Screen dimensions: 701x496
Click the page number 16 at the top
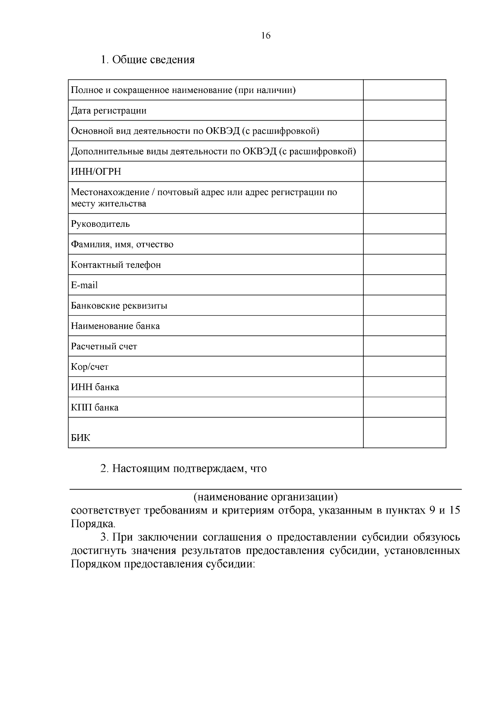pyautogui.click(x=266, y=36)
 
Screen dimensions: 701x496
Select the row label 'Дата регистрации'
pyautogui.click(x=109, y=111)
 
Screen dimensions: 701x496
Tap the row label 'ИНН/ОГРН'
pyautogui.click(x=96, y=172)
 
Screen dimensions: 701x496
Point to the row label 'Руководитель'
pyautogui.click(x=100, y=224)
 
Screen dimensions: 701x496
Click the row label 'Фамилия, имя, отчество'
pyautogui.click(x=122, y=245)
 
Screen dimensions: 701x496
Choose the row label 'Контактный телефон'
pyautogui.click(x=116, y=265)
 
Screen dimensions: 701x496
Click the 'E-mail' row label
pyautogui.click(x=84, y=285)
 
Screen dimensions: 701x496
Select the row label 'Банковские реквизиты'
pyautogui.click(x=119, y=306)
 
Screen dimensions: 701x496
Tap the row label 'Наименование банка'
pyautogui.click(x=115, y=326)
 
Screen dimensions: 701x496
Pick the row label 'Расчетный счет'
pyautogui.click(x=104, y=347)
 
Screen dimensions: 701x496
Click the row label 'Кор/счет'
pyautogui.click(x=90, y=367)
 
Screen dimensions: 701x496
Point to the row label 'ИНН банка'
pyautogui.click(x=95, y=387)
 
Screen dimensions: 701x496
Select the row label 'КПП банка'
pyautogui.click(x=95, y=408)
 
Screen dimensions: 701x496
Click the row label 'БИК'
pyautogui.click(x=81, y=438)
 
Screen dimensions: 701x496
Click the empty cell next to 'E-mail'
pyautogui.click(x=404, y=285)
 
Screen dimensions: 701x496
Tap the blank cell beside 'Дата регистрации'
pyautogui.click(x=404, y=111)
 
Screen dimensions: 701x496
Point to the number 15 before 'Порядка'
pyautogui.click(x=454, y=511)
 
